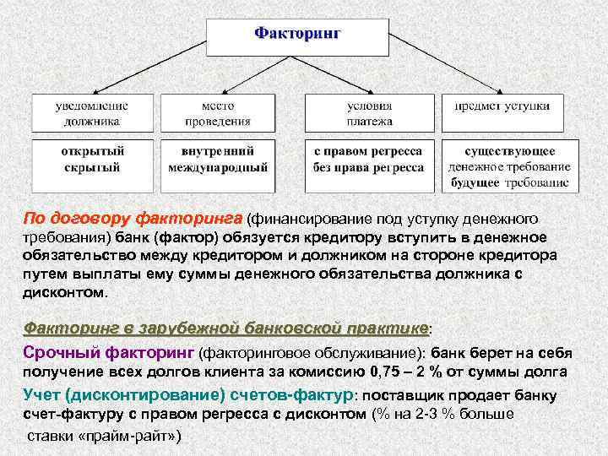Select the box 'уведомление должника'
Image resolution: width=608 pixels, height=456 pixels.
click(92, 113)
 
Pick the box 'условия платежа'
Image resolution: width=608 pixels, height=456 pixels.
click(369, 113)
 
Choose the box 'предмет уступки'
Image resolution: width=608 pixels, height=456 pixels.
click(502, 106)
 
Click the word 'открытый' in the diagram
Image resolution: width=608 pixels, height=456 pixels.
click(92, 152)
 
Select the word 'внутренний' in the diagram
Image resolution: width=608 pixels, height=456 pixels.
click(218, 152)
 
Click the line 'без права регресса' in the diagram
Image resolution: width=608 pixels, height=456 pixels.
click(369, 167)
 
